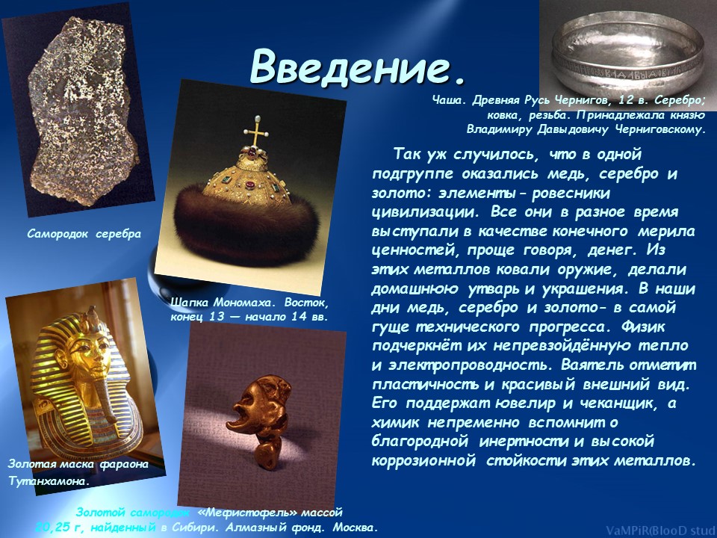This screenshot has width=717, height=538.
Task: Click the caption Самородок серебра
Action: coord(84,234)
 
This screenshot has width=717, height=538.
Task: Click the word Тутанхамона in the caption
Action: coord(49,482)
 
